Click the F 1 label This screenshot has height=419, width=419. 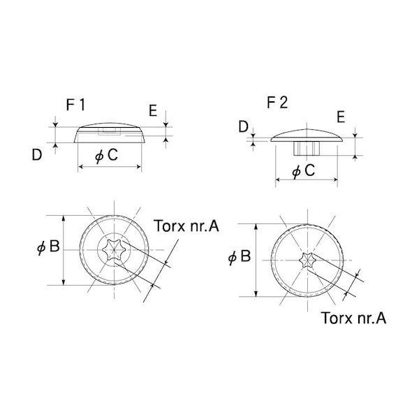75,105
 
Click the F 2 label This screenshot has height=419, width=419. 277,103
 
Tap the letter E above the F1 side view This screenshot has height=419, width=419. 153,110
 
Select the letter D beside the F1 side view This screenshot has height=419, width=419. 37,155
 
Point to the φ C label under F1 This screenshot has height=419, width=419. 106,155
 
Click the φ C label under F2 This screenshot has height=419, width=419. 304,170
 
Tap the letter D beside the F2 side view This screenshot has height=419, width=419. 244,126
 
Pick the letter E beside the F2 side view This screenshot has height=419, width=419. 341,117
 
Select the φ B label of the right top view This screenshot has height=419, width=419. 240,256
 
